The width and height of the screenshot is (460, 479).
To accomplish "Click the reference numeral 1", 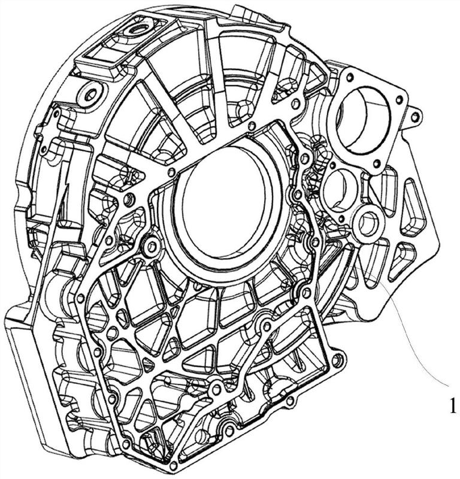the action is tap(452, 406).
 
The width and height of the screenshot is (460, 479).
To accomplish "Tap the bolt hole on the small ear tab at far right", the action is tap(414, 117).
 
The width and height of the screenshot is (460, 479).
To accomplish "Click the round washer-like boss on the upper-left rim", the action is tap(91, 95).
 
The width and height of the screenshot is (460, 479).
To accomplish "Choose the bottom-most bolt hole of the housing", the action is tap(173, 466).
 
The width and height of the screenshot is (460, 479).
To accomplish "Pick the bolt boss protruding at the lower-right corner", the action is tap(337, 360).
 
